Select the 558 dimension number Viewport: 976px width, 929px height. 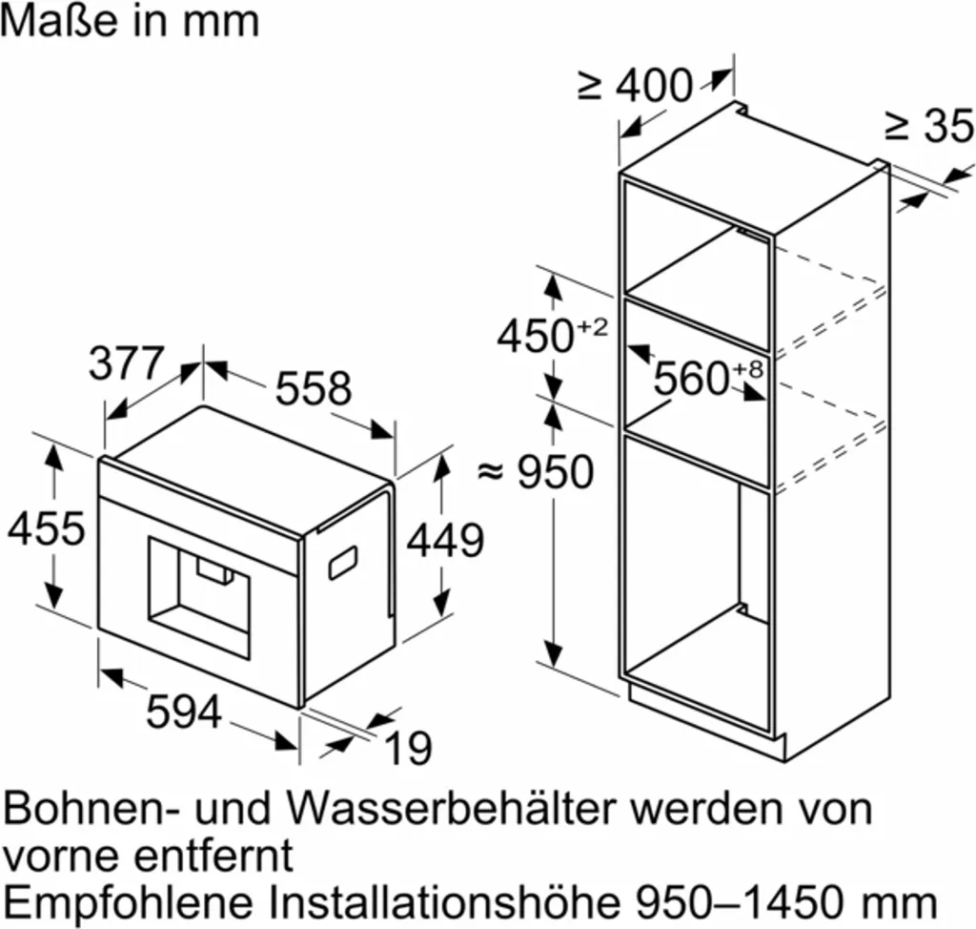tap(313, 388)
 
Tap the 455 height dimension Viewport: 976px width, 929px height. tap(46, 528)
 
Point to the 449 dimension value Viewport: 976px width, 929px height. tap(445, 540)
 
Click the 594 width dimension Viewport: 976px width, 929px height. tap(184, 711)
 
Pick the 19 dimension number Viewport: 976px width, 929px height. tap(408, 748)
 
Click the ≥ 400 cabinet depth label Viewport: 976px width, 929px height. tap(635, 85)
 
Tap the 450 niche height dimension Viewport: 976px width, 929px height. tap(552, 335)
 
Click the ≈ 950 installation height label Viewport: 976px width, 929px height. tap(536, 471)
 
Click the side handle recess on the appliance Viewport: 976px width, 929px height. tap(343, 562)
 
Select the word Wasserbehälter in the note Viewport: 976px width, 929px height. tap(455, 809)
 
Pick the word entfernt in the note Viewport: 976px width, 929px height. tap(213, 856)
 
